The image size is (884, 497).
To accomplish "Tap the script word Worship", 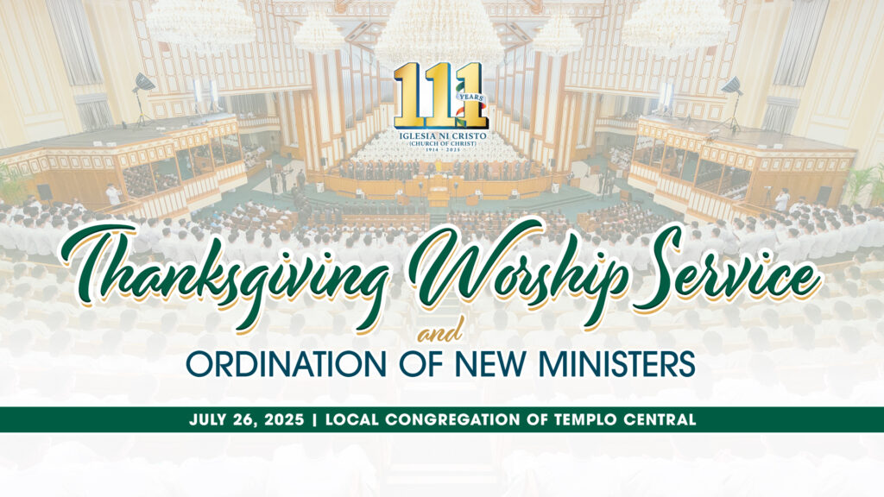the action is tap(519, 265).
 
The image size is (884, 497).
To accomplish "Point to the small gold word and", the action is tap(440, 335).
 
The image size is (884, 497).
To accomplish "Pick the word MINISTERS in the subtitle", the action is tap(616, 365).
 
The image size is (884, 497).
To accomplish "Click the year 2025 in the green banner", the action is tap(284, 420).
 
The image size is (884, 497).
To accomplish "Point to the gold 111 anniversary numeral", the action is tap(440, 95).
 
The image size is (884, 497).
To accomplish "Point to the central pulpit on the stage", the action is tap(438, 192).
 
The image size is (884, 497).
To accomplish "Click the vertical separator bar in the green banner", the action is tap(314, 420).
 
